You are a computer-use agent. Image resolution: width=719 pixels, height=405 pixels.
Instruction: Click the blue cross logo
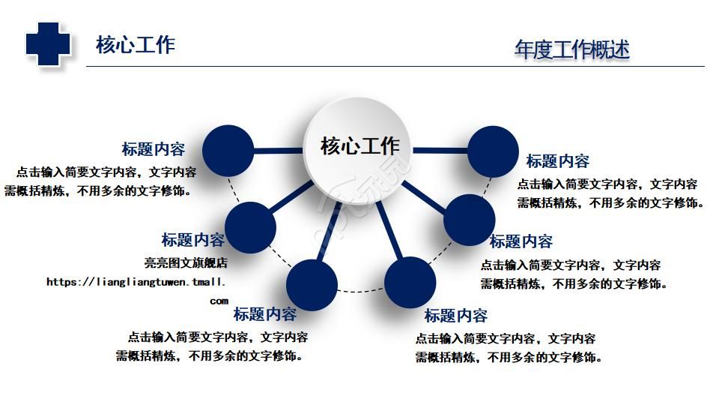(48, 44)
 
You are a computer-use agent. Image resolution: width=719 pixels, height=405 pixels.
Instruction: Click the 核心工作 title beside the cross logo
(136, 45)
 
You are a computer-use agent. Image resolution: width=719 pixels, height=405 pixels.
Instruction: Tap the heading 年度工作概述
(571, 49)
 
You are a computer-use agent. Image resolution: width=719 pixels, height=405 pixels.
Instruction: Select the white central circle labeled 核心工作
(358, 150)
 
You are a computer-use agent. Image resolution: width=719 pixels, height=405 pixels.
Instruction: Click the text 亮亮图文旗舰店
(186, 262)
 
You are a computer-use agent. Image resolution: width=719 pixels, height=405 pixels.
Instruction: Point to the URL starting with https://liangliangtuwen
(136, 281)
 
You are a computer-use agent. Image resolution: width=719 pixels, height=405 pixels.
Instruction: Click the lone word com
(219, 301)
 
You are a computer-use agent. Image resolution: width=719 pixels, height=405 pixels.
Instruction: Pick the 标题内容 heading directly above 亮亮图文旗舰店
(193, 240)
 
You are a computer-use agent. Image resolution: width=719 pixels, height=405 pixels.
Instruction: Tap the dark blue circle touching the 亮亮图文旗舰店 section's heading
(250, 228)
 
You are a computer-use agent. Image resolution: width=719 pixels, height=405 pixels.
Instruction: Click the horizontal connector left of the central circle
(278, 151)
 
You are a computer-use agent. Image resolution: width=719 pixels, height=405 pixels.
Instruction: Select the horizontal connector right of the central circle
(440, 150)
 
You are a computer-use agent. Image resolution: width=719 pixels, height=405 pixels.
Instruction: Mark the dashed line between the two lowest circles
(361, 290)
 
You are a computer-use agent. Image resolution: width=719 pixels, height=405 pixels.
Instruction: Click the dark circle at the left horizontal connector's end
(228, 151)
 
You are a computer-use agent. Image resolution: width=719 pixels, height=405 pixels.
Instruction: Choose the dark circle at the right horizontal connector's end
(493, 151)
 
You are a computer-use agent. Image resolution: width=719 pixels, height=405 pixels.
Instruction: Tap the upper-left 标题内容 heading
(153, 149)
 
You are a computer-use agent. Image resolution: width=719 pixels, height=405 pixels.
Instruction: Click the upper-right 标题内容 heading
(557, 161)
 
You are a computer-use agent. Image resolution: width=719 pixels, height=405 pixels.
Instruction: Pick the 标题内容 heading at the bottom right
(456, 316)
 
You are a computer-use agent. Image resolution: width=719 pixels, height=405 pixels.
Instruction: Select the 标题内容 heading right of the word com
(265, 314)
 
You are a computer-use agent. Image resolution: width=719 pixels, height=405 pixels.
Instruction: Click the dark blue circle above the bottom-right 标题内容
(410, 283)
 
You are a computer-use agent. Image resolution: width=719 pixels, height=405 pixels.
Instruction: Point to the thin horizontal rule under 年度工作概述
(395, 67)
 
